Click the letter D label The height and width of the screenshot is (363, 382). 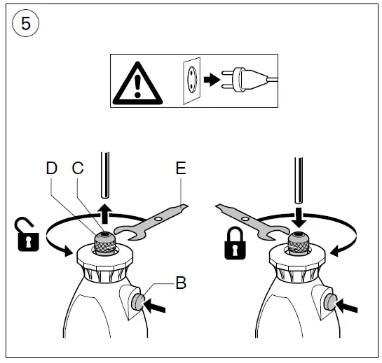(51, 169)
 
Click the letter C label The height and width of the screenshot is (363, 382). (77, 169)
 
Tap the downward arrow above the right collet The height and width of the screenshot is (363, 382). (299, 216)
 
